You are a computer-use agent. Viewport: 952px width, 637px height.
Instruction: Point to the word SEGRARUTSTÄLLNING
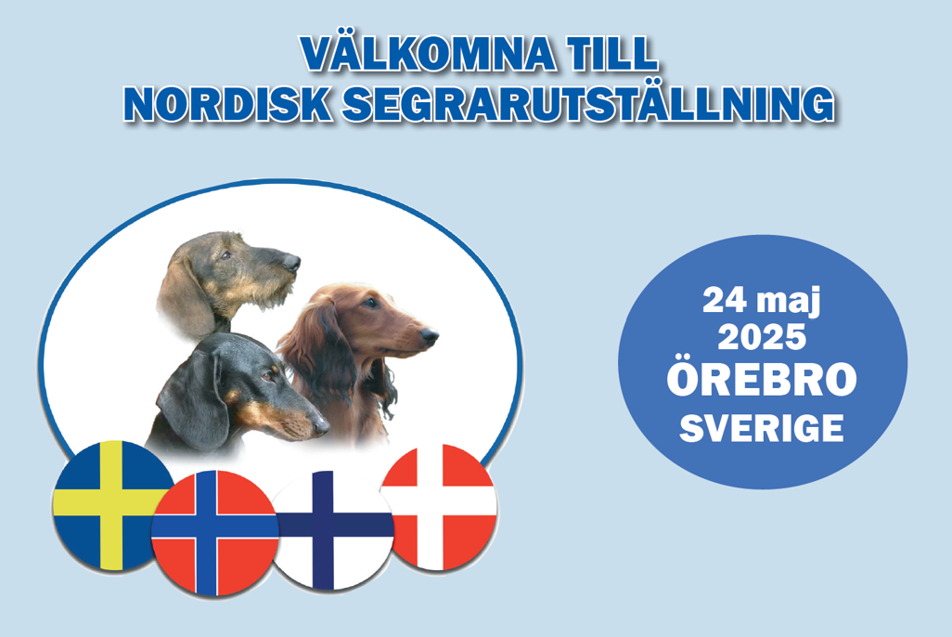point(586,104)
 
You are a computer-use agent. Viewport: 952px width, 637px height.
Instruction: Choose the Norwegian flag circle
point(214,532)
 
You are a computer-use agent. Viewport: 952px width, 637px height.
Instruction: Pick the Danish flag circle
point(440,507)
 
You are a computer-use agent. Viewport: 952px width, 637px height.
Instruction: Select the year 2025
point(763,336)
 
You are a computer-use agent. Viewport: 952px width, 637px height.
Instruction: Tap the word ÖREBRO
point(763,381)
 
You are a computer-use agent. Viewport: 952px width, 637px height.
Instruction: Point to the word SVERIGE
point(763,429)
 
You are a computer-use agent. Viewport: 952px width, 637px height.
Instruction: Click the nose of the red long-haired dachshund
point(430,334)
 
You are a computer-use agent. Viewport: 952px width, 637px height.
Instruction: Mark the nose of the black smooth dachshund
point(322,427)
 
